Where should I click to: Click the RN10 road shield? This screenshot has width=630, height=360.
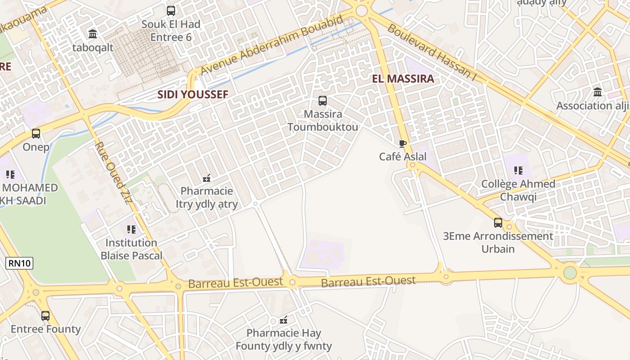click(x=20, y=263)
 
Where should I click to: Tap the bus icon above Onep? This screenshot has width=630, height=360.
click(x=36, y=134)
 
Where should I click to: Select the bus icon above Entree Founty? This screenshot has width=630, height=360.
click(x=45, y=316)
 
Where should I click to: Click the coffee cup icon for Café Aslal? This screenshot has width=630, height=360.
click(x=403, y=144)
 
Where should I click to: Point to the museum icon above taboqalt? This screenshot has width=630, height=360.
click(x=93, y=34)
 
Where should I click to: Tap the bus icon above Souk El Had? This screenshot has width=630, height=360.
click(x=171, y=10)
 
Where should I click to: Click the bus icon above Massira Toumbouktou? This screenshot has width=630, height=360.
click(x=323, y=101)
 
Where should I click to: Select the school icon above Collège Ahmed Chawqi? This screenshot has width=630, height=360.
click(x=518, y=171)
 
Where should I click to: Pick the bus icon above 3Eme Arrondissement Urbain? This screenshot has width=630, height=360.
click(x=498, y=222)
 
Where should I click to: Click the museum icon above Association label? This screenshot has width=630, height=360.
click(x=598, y=92)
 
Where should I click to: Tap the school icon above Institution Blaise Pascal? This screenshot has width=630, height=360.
click(x=131, y=229)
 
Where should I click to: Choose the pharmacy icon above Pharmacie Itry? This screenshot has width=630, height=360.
click(x=207, y=178)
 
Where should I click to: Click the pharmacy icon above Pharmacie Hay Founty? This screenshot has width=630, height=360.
click(x=283, y=320)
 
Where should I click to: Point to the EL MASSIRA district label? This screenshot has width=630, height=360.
click(x=403, y=79)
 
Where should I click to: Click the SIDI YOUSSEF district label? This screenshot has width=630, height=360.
click(x=193, y=94)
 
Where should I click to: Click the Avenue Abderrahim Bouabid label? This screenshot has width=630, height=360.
click(x=273, y=45)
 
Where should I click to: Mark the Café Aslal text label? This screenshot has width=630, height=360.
click(x=403, y=157)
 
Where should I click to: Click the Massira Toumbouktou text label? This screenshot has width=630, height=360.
click(x=323, y=121)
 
